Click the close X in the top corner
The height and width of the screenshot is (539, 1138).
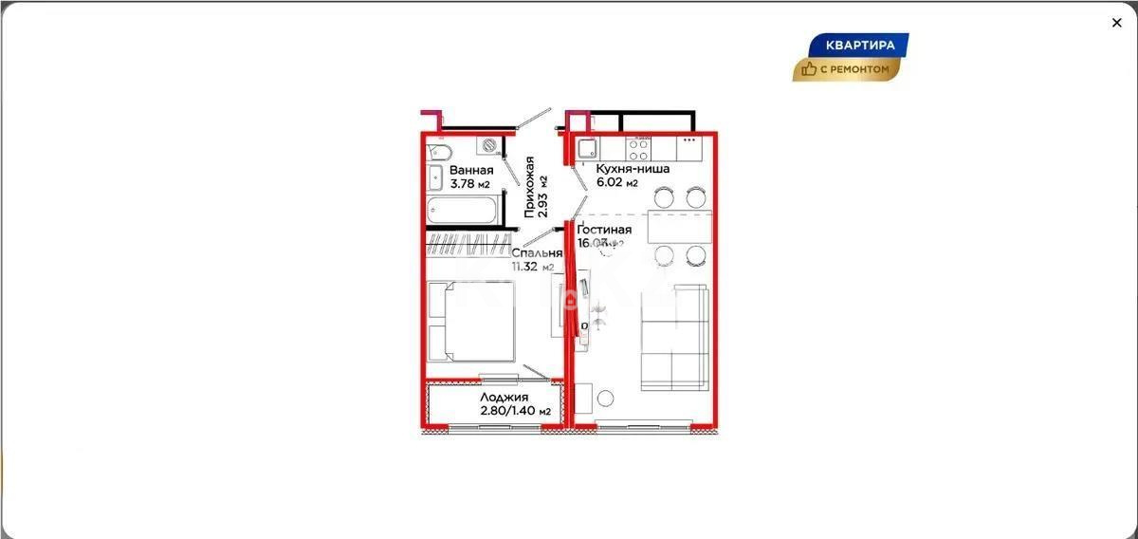pyautogui.click(x=1116, y=23)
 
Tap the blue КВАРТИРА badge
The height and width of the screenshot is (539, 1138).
pyautogui.click(x=859, y=45)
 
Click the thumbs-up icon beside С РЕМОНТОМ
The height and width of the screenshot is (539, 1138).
pyautogui.click(x=809, y=68)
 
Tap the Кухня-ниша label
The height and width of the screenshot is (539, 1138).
pyautogui.click(x=633, y=169)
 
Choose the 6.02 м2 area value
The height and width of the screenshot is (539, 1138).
pyautogui.click(x=616, y=183)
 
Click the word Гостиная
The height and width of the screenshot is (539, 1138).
pyautogui.click(x=604, y=230)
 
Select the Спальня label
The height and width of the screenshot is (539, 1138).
pyautogui.click(x=537, y=253)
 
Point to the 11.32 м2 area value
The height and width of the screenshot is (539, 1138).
pyautogui.click(x=532, y=267)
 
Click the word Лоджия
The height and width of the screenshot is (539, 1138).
pyautogui.click(x=504, y=398)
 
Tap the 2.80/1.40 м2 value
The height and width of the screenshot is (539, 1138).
pyautogui.click(x=515, y=411)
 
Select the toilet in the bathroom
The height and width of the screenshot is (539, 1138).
pyautogui.click(x=440, y=154)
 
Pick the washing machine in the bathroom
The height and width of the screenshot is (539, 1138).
pyautogui.click(x=488, y=145)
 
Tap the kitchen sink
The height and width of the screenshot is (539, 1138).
pyautogui.click(x=588, y=146)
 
